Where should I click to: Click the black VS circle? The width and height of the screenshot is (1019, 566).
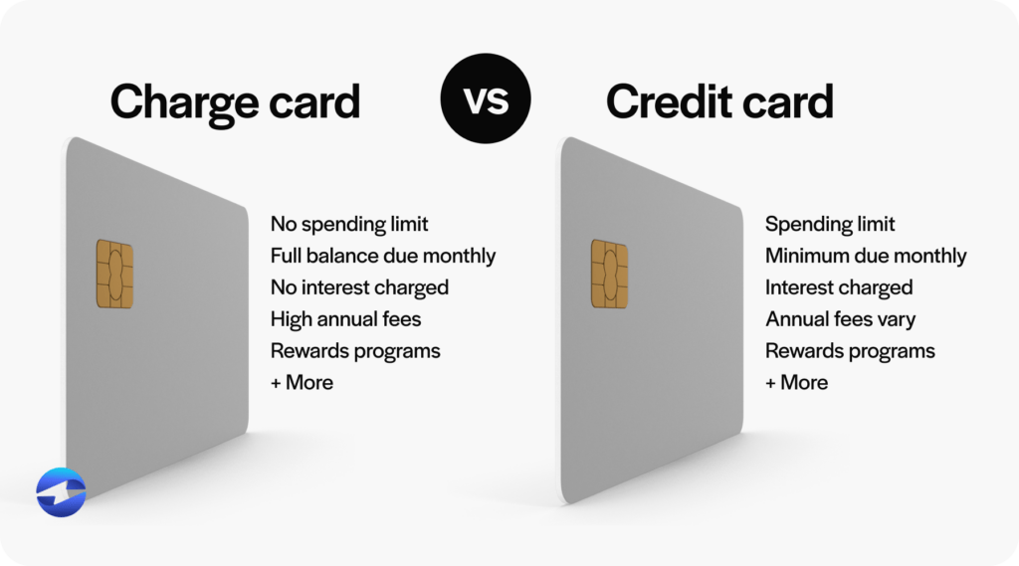tap(486, 99)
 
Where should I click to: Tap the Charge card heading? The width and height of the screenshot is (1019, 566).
tap(235, 101)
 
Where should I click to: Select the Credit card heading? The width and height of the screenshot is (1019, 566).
tap(719, 101)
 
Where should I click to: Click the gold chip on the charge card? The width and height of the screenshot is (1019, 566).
tap(114, 274)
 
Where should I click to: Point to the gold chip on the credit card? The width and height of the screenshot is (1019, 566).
tap(609, 274)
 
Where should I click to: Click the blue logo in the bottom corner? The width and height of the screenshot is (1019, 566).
tap(61, 492)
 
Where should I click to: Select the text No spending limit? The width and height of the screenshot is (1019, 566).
tap(349, 224)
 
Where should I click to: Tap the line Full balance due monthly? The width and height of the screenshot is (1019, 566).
tap(383, 256)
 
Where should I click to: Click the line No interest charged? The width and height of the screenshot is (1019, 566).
tap(359, 287)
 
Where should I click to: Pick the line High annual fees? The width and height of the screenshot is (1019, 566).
tap(345, 319)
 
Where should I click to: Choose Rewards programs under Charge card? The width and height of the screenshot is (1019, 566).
tap(355, 351)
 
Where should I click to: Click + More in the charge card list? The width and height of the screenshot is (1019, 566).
tap(302, 382)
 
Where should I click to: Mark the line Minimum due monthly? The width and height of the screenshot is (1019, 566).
tap(866, 256)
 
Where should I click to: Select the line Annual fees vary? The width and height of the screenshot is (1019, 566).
tap(840, 319)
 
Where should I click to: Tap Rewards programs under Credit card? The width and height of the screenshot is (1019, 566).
tap(850, 351)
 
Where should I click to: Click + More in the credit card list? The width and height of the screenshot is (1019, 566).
tap(796, 382)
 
